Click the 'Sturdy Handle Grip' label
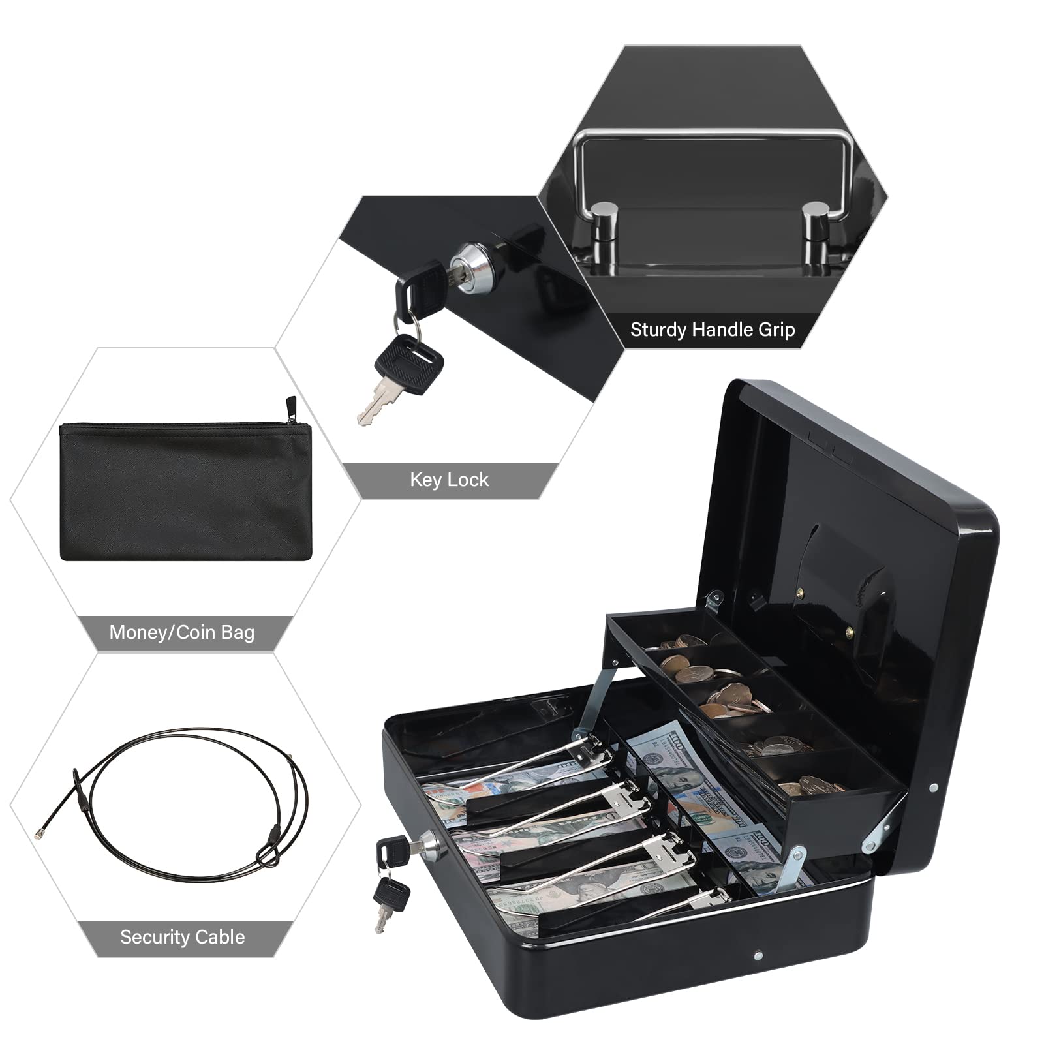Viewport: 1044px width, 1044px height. (713, 330)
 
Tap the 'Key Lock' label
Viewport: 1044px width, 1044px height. (449, 480)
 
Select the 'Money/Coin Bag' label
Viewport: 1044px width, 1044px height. (182, 632)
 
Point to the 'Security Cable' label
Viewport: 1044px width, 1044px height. (183, 937)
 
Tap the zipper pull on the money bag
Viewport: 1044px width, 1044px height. (291, 410)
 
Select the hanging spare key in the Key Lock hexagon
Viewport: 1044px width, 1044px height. (398, 378)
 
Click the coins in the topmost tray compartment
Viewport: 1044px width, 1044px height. (683, 641)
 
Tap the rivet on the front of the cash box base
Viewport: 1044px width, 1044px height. (758, 957)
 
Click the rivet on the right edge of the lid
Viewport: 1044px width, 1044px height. (934, 789)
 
